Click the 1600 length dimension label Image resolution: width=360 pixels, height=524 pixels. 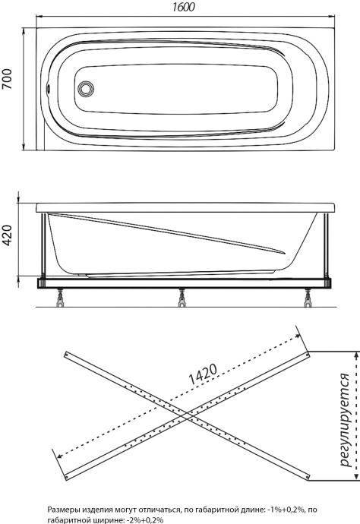[x=184, y=7]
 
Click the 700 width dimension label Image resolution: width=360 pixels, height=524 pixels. [x=7, y=79]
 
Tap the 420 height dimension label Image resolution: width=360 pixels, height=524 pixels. [x=7, y=235]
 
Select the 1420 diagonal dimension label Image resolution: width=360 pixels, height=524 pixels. [x=203, y=374]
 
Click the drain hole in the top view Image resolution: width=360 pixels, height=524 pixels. [x=86, y=89]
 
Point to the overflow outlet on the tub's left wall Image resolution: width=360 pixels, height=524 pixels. [x=48, y=89]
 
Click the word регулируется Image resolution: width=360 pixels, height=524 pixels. [x=345, y=420]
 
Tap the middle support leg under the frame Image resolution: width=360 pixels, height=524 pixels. [x=182, y=298]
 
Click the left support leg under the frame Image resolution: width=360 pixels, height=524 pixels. [x=60, y=298]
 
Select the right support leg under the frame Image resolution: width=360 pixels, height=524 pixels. [x=308, y=298]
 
